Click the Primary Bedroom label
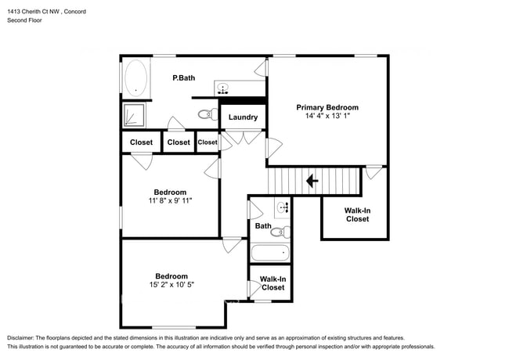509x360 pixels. pyautogui.click(x=327, y=107)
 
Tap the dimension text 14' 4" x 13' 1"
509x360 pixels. pyautogui.click(x=327, y=116)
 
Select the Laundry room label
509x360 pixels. pyautogui.click(x=244, y=117)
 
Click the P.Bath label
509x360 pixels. pyautogui.click(x=183, y=78)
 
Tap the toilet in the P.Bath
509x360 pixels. pyautogui.click(x=207, y=114)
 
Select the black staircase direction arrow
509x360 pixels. pyautogui.click(x=311, y=182)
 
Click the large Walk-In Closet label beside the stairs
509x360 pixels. pyautogui.click(x=357, y=214)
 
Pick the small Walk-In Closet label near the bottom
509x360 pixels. pyautogui.click(x=273, y=283)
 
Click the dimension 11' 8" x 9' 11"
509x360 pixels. pyautogui.click(x=170, y=200)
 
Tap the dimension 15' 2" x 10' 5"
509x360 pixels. pyautogui.click(x=171, y=284)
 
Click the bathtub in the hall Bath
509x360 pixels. pyautogui.click(x=270, y=253)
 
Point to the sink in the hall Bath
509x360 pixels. pyautogui.click(x=283, y=208)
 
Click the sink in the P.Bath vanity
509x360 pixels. pyautogui.click(x=223, y=88)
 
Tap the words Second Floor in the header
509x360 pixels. pyautogui.click(x=26, y=20)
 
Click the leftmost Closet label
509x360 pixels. pyautogui.click(x=141, y=142)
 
